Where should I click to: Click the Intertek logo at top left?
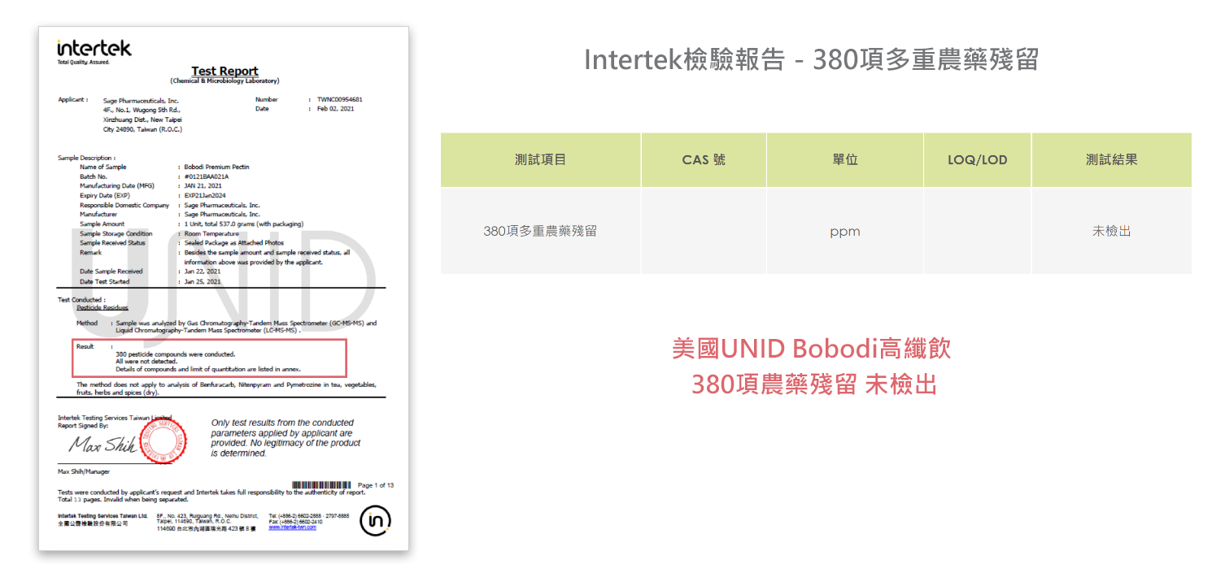[x=94, y=49]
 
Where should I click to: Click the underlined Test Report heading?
[x=225, y=71]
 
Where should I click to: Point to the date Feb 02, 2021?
[x=335, y=108]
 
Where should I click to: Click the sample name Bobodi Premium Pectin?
[x=216, y=167]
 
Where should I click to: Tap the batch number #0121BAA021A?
[x=207, y=176]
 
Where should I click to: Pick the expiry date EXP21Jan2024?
[x=205, y=195]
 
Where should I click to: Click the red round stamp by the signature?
[x=163, y=442]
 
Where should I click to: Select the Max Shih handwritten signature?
[x=102, y=445]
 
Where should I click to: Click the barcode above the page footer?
[x=321, y=485]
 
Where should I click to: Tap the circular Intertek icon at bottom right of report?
[x=375, y=520]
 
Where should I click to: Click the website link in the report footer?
[x=292, y=527]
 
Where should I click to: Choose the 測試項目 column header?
[x=540, y=160]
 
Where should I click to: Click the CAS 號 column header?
[x=704, y=160]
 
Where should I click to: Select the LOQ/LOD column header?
[x=977, y=160]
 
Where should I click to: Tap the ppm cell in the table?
[x=844, y=232]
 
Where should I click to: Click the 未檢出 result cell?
[x=1111, y=232]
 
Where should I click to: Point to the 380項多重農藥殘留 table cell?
[x=540, y=232]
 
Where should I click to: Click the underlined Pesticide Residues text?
[x=102, y=308]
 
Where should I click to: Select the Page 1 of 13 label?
[x=376, y=485]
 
